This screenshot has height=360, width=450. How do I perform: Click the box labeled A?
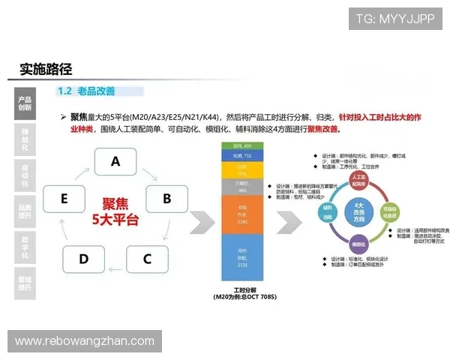tap(115, 161)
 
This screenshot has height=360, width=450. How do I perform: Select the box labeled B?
tap(166, 199)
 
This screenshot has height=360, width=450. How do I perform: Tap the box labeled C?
tap(147, 259)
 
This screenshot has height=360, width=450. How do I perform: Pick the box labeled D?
tap(83, 259)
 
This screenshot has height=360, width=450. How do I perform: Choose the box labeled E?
tap(64, 199)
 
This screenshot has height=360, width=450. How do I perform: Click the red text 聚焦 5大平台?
tap(115, 211)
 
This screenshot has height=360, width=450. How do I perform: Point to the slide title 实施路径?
tap(46, 69)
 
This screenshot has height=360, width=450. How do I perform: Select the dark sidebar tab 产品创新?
tap(25, 103)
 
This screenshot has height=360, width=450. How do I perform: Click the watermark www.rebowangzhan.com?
tap(84, 341)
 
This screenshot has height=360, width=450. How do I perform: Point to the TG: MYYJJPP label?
tap(395, 19)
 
